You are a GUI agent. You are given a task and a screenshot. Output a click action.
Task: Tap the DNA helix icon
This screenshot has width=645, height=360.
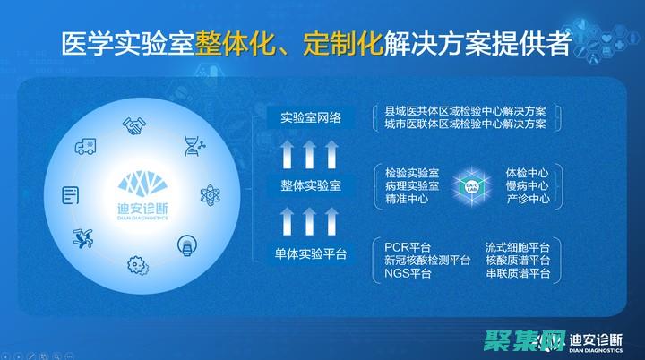(x=192, y=144)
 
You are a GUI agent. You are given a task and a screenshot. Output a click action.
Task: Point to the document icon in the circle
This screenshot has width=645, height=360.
(x=70, y=194)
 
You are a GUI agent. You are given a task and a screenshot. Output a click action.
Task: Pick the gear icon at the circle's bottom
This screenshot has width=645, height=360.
(x=137, y=264)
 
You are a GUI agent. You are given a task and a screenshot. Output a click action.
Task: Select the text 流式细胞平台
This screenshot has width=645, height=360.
(x=517, y=246)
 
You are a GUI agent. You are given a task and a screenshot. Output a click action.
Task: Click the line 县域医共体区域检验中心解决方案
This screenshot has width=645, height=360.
(x=465, y=110)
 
